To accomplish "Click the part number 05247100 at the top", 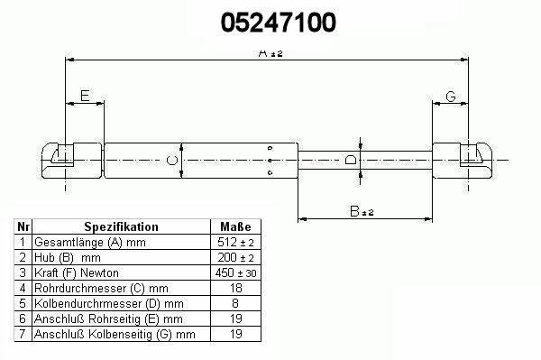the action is pos(278,23).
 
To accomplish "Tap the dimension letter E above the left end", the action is pos(85,96).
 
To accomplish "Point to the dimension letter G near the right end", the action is pos(451,97).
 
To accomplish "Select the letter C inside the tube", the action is pos(172,161).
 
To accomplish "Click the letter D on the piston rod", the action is pos(351,160).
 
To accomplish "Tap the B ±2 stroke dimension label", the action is pos(362,211).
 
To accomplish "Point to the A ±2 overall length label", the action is pos(270,53).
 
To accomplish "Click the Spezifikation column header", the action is pos(121,226).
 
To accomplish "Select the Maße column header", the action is pos(235,226).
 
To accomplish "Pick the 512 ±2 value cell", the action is pos(235,242).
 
